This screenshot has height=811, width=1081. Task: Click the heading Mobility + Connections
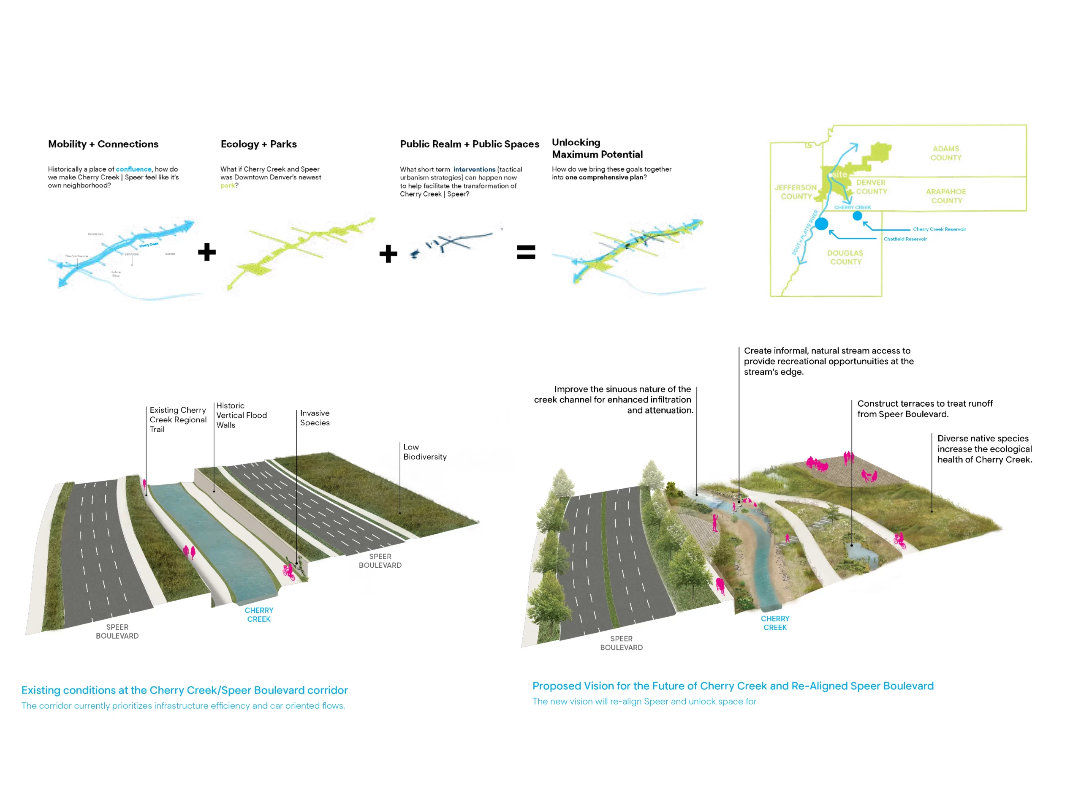(x=103, y=144)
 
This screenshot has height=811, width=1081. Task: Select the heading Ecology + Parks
(x=258, y=144)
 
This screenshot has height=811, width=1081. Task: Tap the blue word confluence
(x=133, y=169)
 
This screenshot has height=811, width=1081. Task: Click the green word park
(x=227, y=186)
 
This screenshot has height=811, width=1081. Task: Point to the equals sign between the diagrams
(x=526, y=252)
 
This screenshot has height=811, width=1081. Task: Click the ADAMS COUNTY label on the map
(x=945, y=153)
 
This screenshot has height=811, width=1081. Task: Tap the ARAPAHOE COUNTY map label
(x=945, y=196)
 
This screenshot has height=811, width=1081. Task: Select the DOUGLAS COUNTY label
(x=845, y=258)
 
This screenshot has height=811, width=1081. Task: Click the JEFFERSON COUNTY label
(x=796, y=192)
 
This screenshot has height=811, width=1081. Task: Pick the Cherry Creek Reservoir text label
(x=939, y=229)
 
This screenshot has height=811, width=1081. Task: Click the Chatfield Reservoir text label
(x=905, y=239)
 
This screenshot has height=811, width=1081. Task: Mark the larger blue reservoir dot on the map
(x=821, y=224)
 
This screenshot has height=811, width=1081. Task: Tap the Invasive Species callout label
(x=315, y=418)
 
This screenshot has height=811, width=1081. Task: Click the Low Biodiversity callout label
(x=425, y=452)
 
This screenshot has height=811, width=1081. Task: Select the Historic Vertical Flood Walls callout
(x=242, y=416)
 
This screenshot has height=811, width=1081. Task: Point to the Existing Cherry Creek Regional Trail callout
(x=178, y=419)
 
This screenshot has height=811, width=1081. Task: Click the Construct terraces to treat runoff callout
(x=925, y=409)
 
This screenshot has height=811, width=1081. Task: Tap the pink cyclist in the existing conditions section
(x=288, y=571)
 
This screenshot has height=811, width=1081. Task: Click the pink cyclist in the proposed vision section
(x=899, y=540)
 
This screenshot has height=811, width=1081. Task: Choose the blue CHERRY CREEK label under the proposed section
(x=775, y=623)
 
